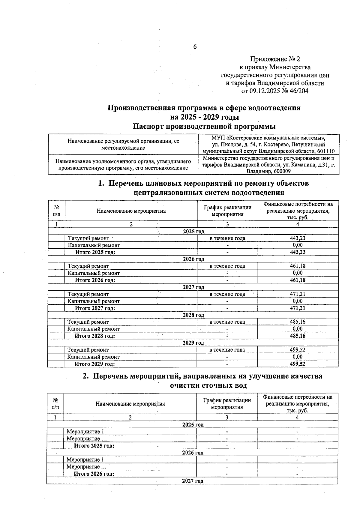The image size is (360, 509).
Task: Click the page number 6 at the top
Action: (x=195, y=46)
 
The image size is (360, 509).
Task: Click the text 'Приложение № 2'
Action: (x=275, y=59)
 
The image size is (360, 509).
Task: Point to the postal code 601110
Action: (x=324, y=151)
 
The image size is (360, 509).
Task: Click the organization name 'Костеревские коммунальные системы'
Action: (x=274, y=138)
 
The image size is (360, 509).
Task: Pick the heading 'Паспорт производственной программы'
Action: (x=204, y=126)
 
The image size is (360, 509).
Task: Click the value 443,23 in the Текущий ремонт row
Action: (x=298, y=238)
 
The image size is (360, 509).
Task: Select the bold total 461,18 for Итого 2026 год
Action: (x=298, y=280)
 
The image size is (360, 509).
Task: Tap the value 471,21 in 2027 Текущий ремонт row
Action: (x=298, y=294)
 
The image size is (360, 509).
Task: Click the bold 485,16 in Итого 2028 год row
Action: (x=298, y=336)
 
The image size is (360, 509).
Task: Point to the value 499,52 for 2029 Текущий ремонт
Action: (x=298, y=350)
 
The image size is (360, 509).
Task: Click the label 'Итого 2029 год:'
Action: (x=95, y=364)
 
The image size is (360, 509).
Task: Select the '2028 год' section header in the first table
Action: (x=193, y=315)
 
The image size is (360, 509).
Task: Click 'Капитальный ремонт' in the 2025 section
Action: (x=94, y=245)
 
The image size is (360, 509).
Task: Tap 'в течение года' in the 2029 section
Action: (x=227, y=350)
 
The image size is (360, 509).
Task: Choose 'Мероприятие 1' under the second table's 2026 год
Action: (x=85, y=460)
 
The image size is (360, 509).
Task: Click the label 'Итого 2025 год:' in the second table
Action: (x=94, y=446)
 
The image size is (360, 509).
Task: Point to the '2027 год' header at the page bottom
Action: (x=193, y=481)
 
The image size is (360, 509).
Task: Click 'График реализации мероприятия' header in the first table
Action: (x=227, y=211)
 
